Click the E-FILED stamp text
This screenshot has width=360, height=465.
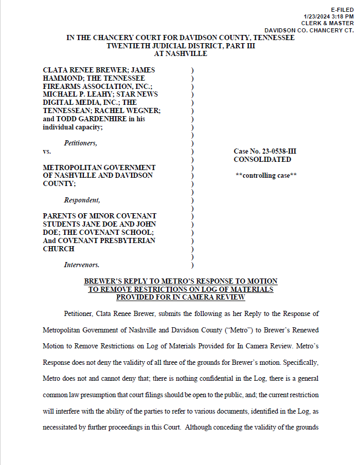pos(342,10)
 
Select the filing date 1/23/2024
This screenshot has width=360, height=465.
pos(316,16)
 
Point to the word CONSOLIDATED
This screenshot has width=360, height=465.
pos(262,159)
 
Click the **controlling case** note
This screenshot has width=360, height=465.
pos(266,176)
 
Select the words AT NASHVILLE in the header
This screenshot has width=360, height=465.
pos(181,53)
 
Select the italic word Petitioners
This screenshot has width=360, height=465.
pos(80,143)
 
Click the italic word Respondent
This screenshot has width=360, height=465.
pos(82,200)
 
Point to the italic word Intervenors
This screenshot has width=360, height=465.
pos(82,265)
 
